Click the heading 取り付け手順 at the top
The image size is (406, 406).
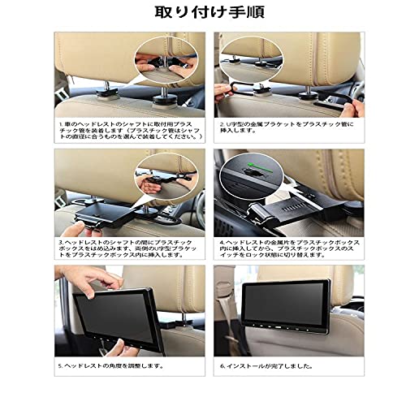203,14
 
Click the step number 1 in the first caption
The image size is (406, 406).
60,125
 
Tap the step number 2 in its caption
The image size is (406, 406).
222,125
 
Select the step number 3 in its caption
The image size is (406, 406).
60,240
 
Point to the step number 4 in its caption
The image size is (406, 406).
221,240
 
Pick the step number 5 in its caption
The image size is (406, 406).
60,365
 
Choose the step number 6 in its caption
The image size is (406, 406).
221,365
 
